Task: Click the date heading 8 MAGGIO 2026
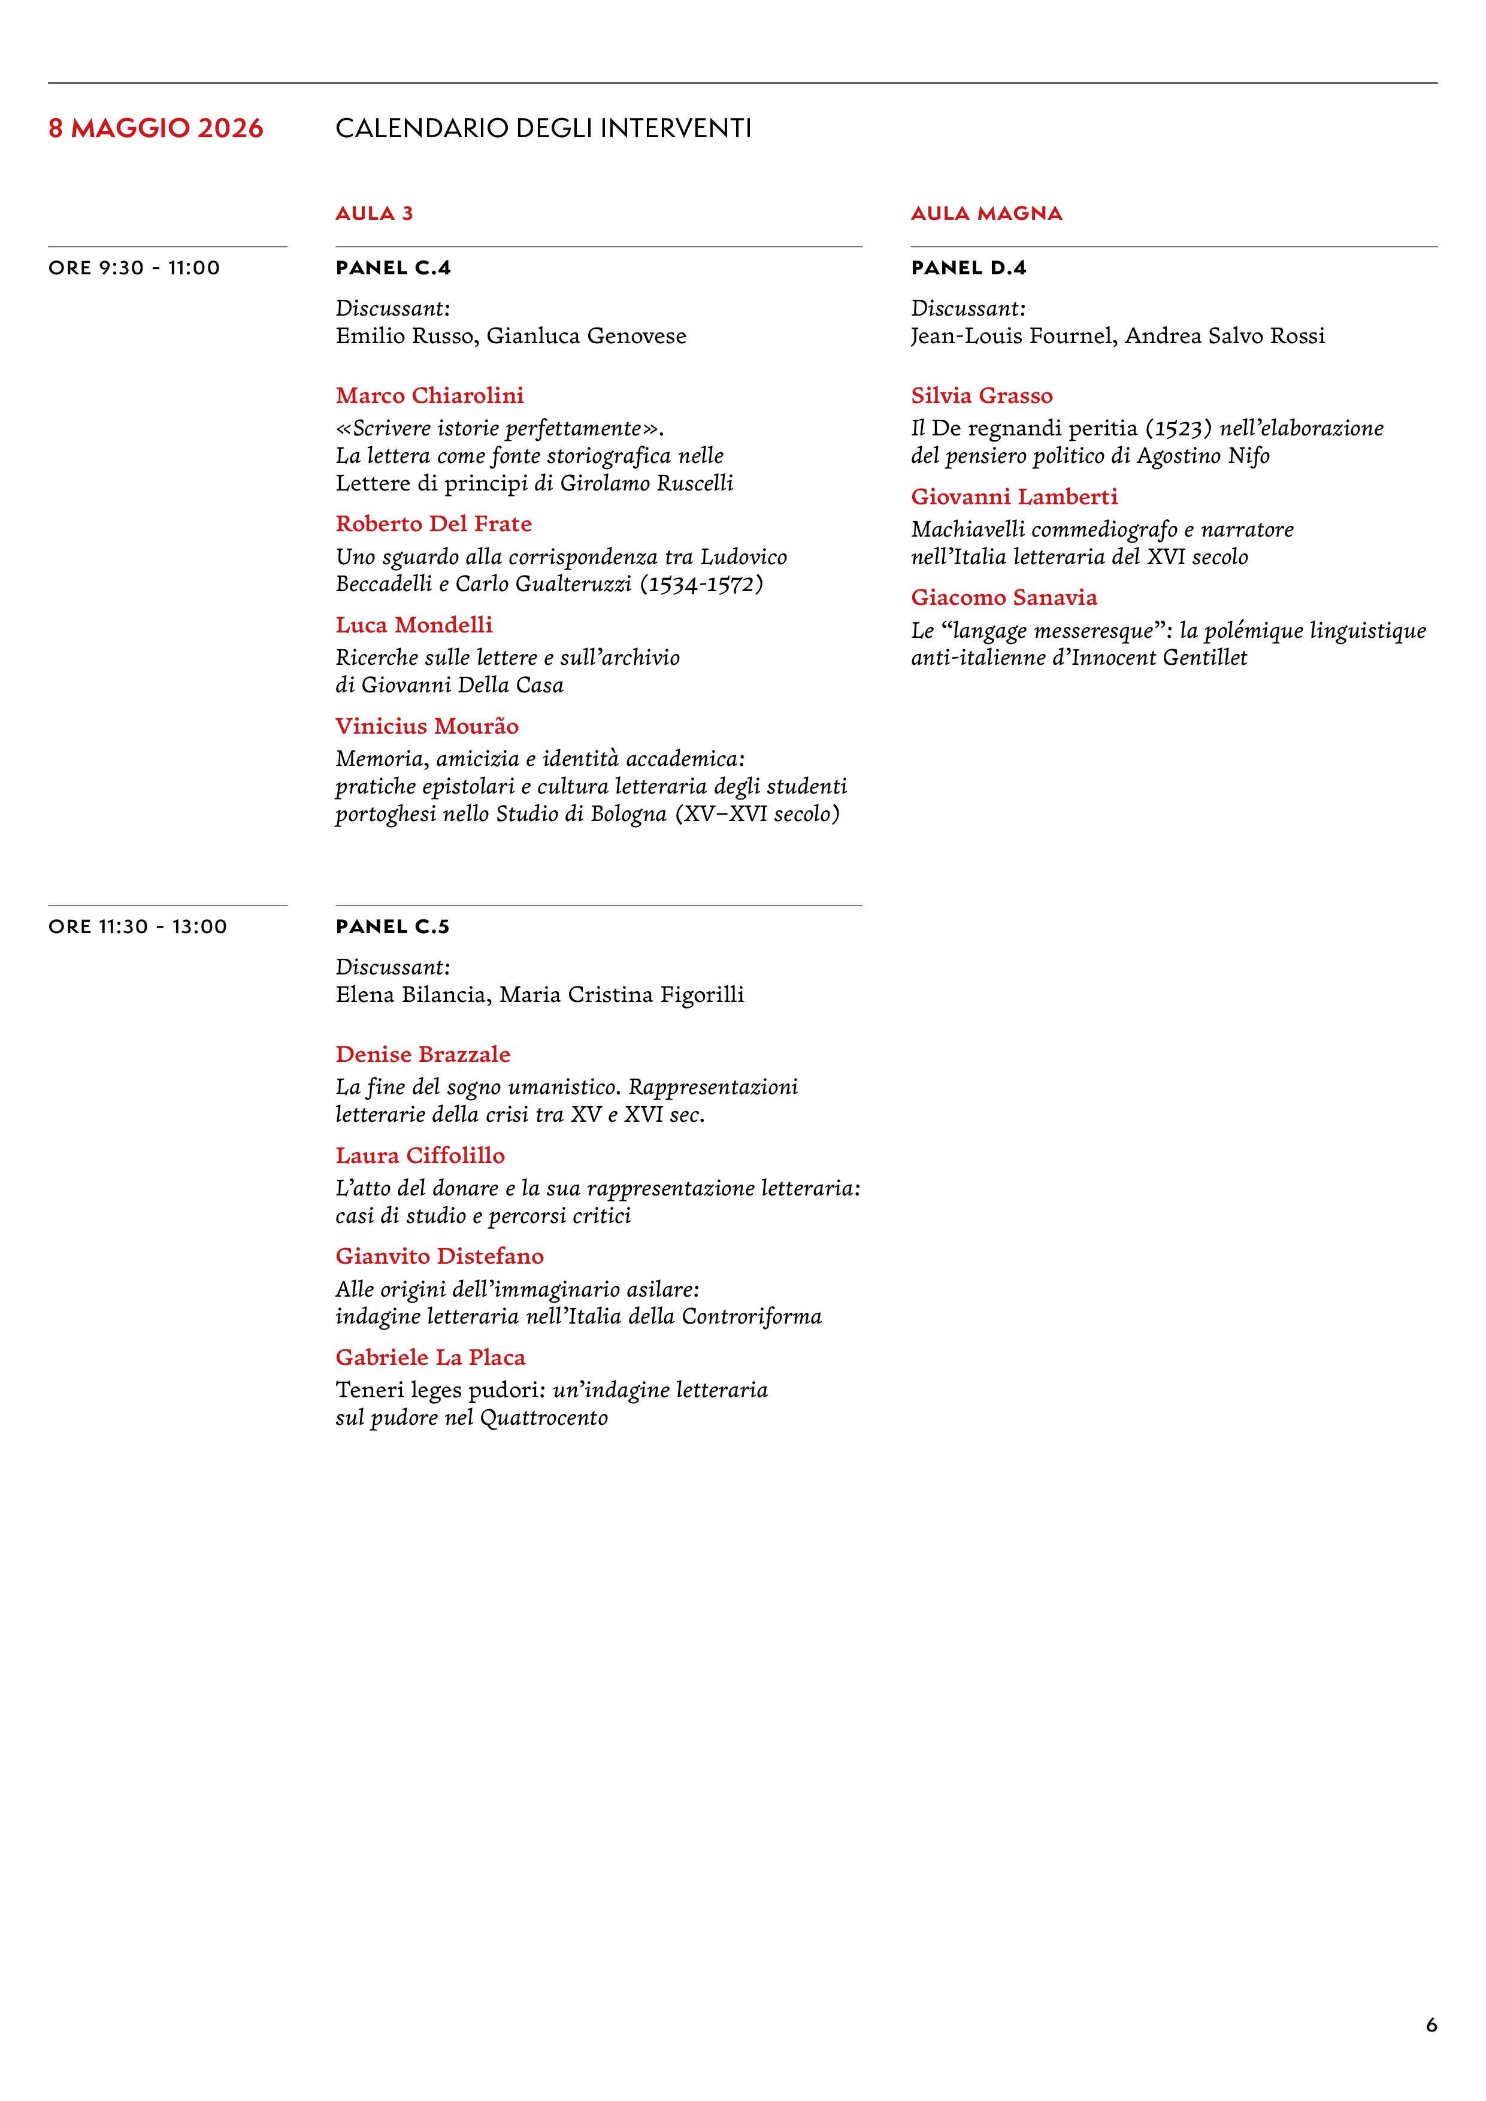pyautogui.click(x=156, y=128)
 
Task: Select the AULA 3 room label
pyautogui.click(x=374, y=213)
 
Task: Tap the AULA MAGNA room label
pyautogui.click(x=986, y=213)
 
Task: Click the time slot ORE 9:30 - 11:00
pyautogui.click(x=135, y=268)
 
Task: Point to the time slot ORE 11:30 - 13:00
pyautogui.click(x=137, y=927)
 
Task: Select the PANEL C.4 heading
pyautogui.click(x=392, y=268)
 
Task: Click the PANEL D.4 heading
pyautogui.click(x=968, y=268)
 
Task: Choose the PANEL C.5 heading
pyautogui.click(x=392, y=927)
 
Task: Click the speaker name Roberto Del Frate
pyautogui.click(x=434, y=523)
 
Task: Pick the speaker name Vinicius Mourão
pyautogui.click(x=427, y=726)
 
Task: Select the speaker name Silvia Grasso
pyautogui.click(x=982, y=395)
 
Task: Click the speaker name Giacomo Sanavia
pyautogui.click(x=1004, y=598)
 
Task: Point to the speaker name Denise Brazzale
pyautogui.click(x=423, y=1054)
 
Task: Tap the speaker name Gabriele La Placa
pyautogui.click(x=430, y=1357)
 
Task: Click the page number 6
pyautogui.click(x=1431, y=2025)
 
